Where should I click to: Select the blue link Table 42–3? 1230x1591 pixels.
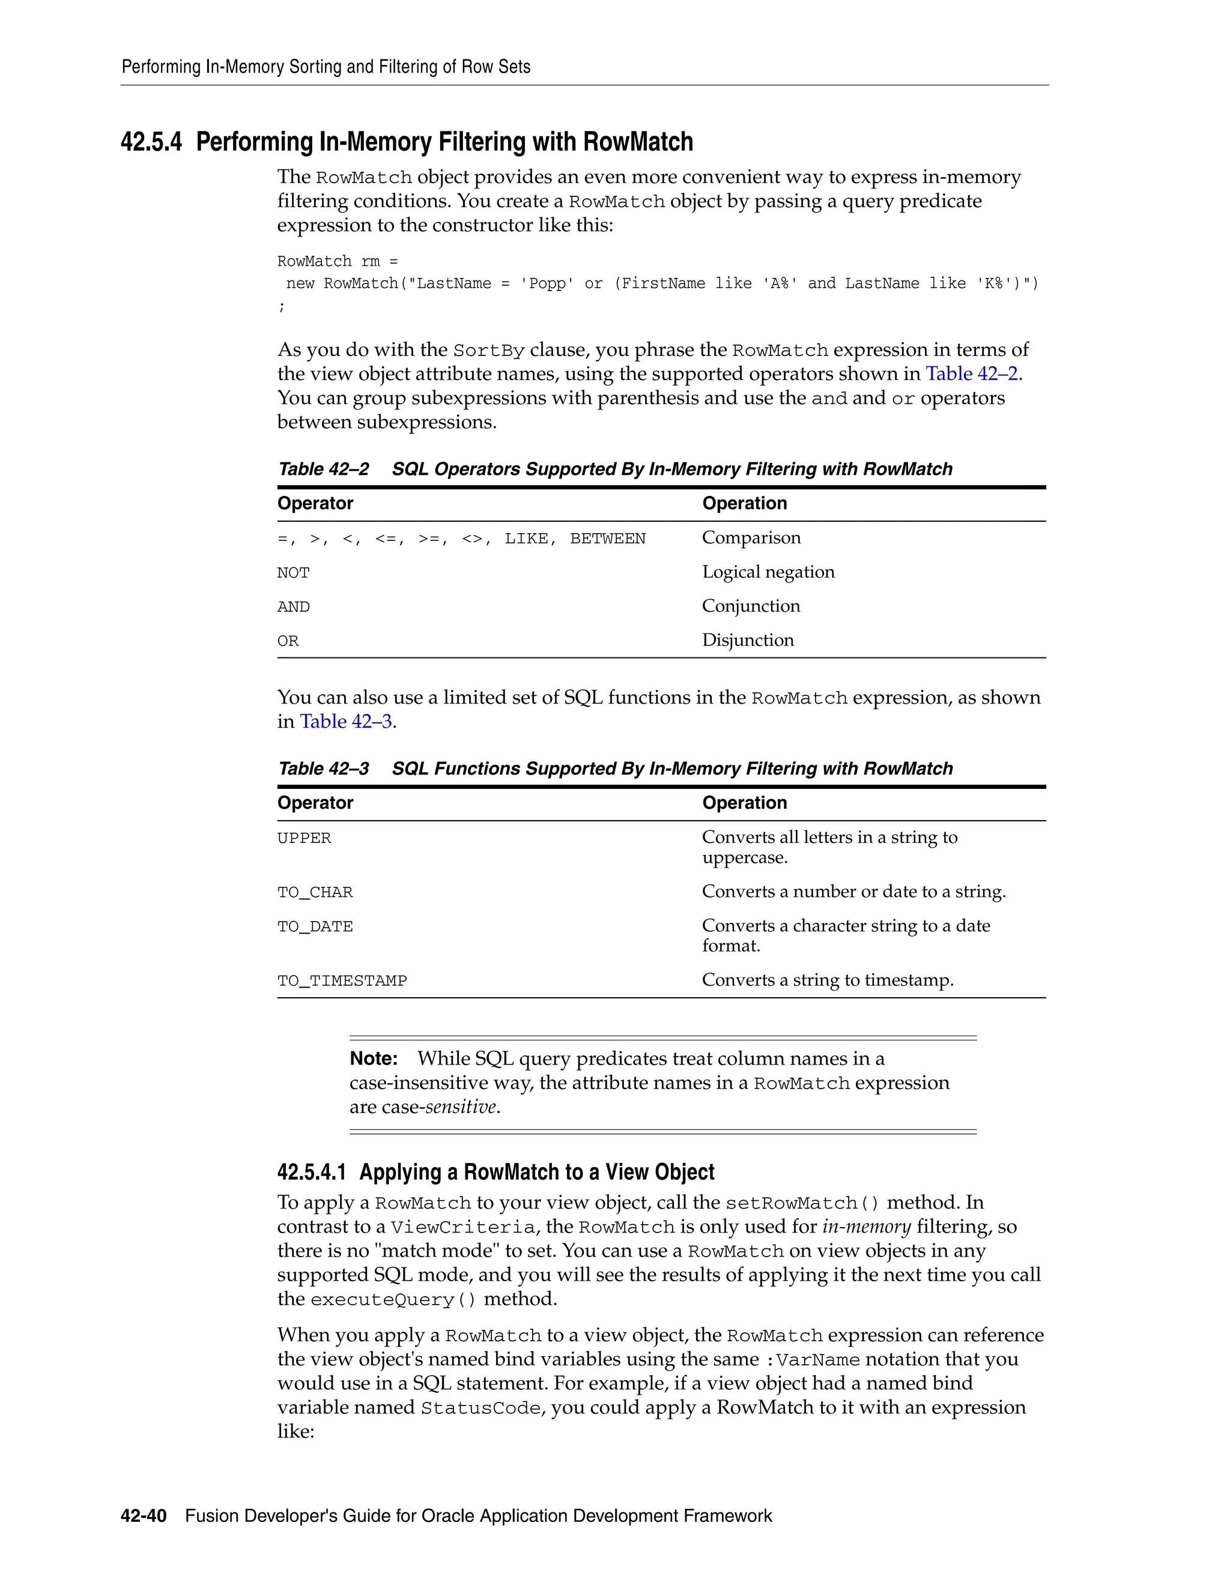click(346, 721)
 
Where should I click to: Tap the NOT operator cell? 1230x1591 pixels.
click(294, 573)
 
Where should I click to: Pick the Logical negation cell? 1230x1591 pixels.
click(768, 572)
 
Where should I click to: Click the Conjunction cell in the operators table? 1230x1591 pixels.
click(751, 606)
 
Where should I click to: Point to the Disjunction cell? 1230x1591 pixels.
click(748, 641)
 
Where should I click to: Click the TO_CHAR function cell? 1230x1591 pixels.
click(315, 892)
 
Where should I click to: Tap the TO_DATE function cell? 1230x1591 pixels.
click(315, 926)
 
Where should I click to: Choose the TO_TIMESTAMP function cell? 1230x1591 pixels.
click(342, 980)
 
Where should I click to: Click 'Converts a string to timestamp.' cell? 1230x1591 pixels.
click(827, 980)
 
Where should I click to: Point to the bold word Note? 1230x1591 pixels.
click(373, 1058)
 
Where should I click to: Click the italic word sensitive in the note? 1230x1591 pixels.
click(461, 1106)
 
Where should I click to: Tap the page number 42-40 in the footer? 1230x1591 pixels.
click(144, 1516)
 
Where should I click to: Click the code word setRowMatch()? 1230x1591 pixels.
click(803, 1203)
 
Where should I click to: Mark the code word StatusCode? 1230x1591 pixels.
click(481, 1408)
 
